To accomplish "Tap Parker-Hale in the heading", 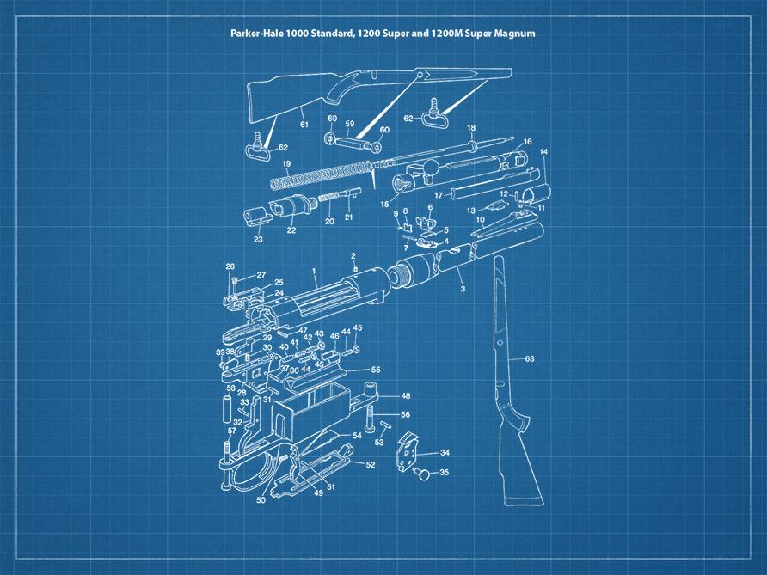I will (256, 34).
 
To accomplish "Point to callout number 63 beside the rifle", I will (529, 358).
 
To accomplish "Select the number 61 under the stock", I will (304, 125).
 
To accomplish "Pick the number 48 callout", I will (405, 396).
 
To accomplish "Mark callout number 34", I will (444, 452).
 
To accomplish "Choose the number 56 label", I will (405, 414).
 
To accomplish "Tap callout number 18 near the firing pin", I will (471, 128).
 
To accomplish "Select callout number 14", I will (543, 152).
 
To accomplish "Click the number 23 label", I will (258, 240).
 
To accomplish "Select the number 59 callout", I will (349, 123).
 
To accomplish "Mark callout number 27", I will (261, 275).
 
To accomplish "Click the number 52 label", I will (371, 464).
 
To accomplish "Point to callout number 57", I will (231, 431).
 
